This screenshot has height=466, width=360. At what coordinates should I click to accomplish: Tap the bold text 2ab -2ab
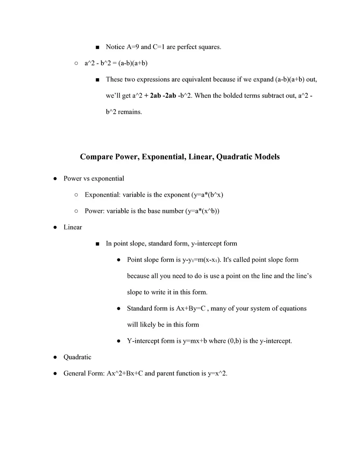click(x=163, y=96)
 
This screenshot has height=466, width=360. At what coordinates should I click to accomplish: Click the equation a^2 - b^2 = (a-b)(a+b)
click(x=116, y=63)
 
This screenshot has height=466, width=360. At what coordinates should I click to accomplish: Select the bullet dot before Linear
click(x=55, y=227)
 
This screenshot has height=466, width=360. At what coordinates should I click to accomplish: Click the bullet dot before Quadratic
click(x=55, y=357)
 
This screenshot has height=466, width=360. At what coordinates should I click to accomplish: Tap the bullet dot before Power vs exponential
click(x=55, y=179)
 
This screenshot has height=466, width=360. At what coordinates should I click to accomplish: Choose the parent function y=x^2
click(x=214, y=374)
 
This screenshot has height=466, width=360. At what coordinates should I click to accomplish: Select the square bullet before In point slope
click(x=97, y=244)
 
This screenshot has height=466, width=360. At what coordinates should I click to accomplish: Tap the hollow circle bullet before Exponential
click(x=76, y=195)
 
